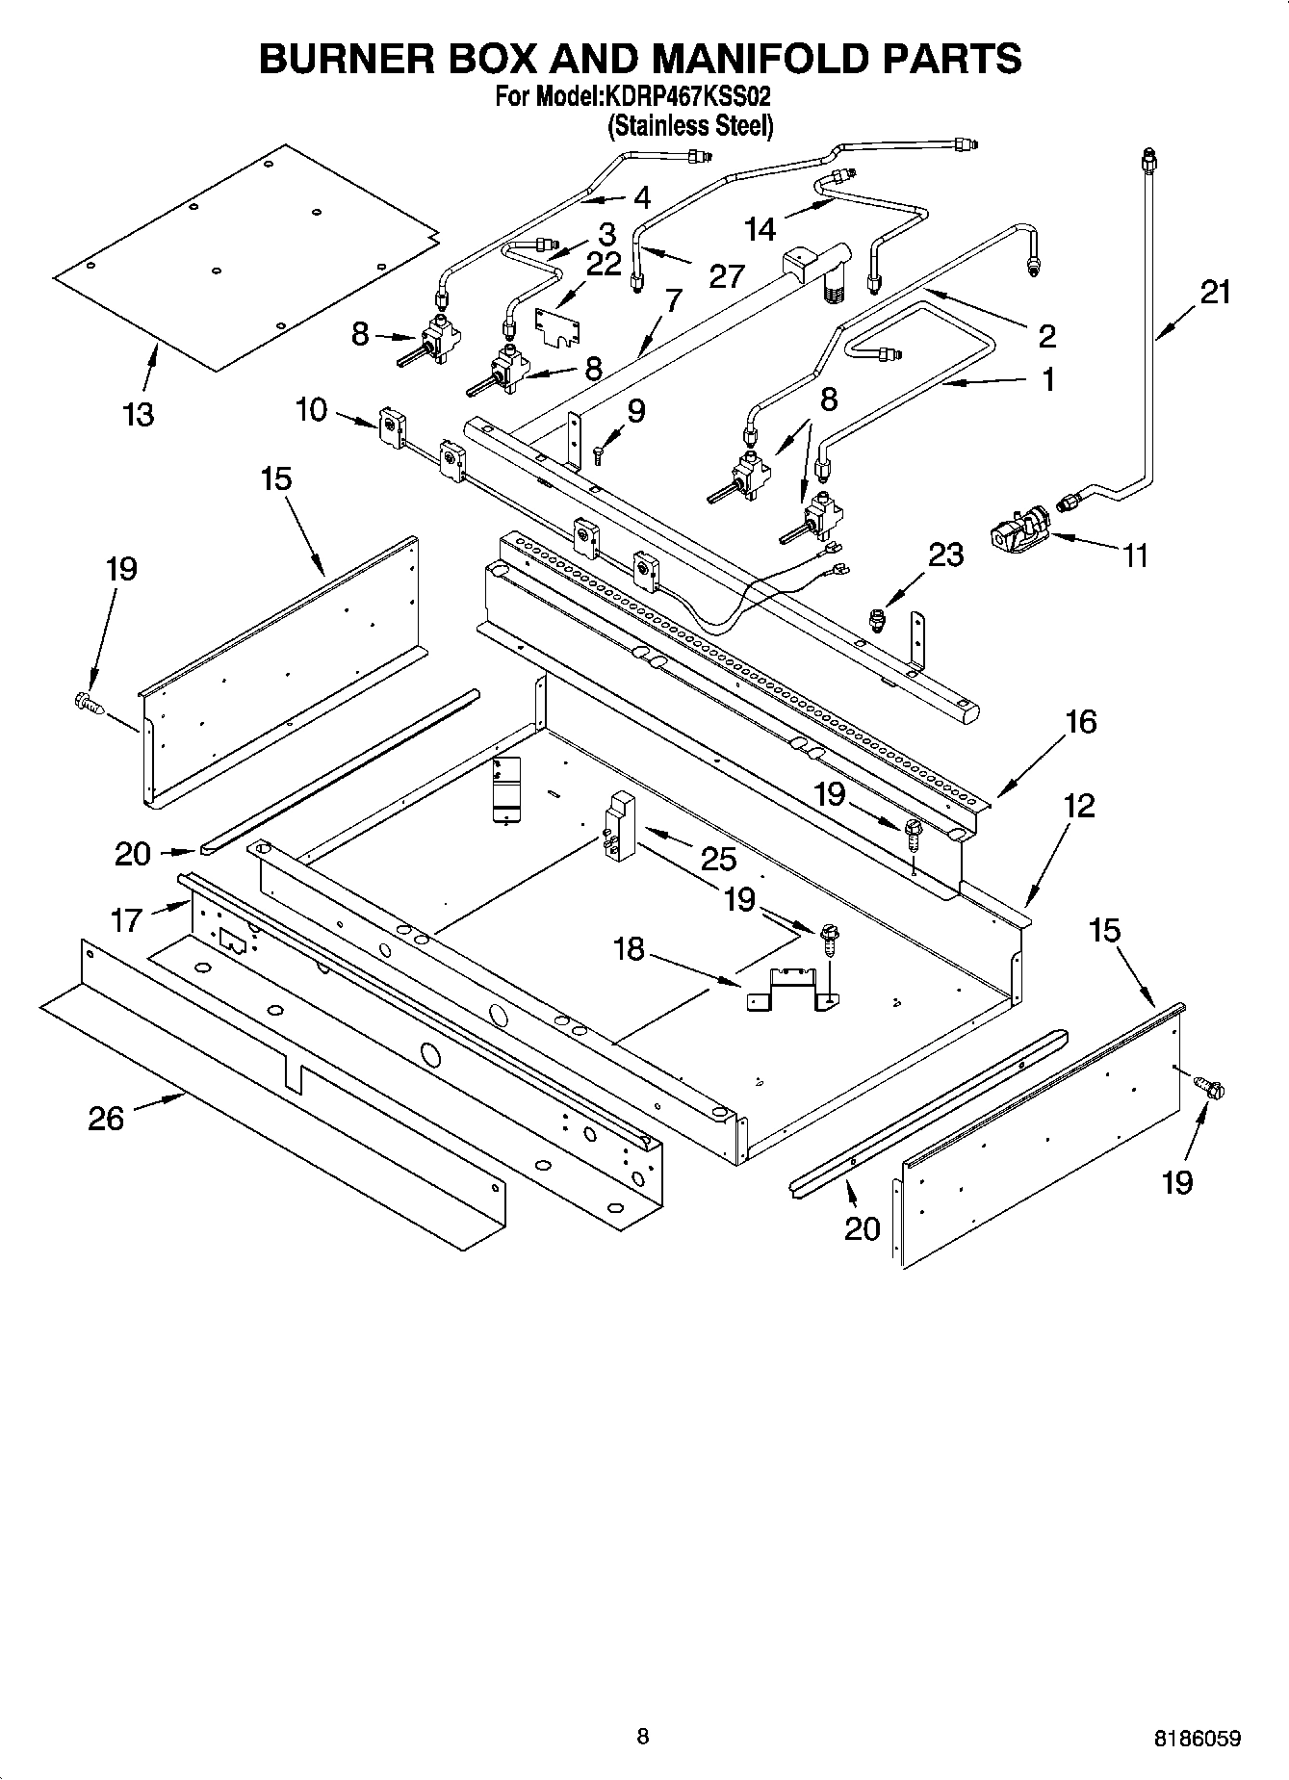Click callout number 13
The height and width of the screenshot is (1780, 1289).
[139, 415]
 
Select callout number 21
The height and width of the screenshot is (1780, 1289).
[1216, 291]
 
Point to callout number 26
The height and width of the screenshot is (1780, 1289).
[106, 1118]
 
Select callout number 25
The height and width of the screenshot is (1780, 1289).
[719, 858]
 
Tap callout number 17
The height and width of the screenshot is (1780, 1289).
[126, 920]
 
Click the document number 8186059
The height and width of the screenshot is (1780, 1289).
[1198, 1738]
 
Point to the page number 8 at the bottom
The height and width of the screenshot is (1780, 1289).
[643, 1737]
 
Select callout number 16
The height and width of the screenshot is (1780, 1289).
[1081, 722]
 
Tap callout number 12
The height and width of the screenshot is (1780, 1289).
[1079, 805]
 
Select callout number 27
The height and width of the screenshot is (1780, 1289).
[726, 275]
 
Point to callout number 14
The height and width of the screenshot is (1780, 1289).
[760, 228]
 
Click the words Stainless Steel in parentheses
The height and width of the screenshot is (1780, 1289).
[690, 125]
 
